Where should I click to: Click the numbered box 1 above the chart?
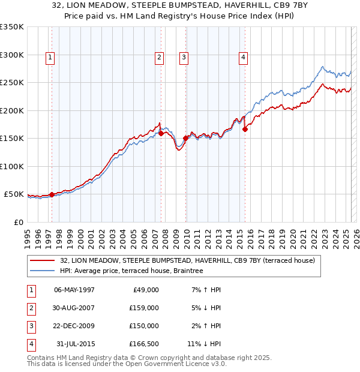pyautogui.click(x=49, y=58)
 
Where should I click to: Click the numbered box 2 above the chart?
pyautogui.click(x=159, y=58)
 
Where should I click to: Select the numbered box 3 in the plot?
pyautogui.click(x=184, y=58)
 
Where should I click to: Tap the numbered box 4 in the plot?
pyautogui.click(x=244, y=58)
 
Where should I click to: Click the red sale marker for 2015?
pyautogui.click(x=245, y=129)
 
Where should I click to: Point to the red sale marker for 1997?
pyautogui.click(x=52, y=194)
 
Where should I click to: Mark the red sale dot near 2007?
pyautogui.click(x=161, y=133)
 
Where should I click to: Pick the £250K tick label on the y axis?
pyautogui.click(x=12, y=83)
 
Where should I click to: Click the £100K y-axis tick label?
pyautogui.click(x=12, y=167)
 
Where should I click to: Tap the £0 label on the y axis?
pyautogui.click(x=17, y=223)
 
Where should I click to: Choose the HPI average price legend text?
pyautogui.click(x=132, y=271)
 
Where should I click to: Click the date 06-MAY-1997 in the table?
pyautogui.click(x=74, y=290)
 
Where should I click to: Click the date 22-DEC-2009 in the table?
pyautogui.click(x=74, y=326)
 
